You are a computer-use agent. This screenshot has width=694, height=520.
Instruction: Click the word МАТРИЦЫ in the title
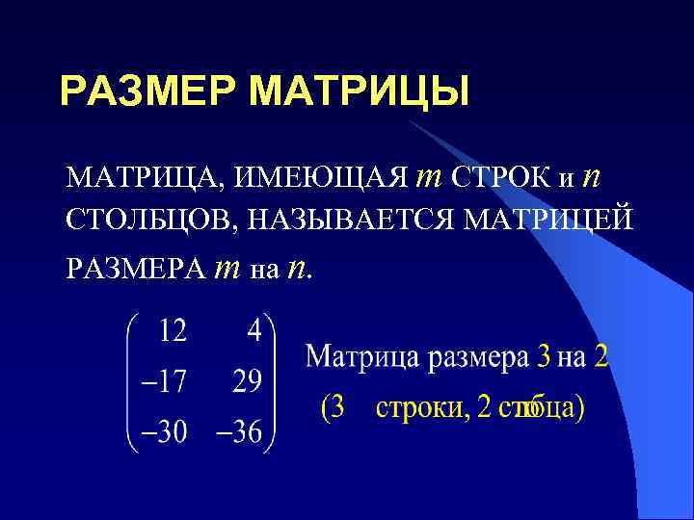coord(359,92)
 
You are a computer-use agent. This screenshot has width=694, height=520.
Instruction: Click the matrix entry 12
coord(173,332)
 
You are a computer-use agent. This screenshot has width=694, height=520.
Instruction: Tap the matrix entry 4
coord(254,332)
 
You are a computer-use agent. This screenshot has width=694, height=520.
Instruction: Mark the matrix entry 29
coord(247,383)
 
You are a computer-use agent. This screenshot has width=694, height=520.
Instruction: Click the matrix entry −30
coord(160,432)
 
